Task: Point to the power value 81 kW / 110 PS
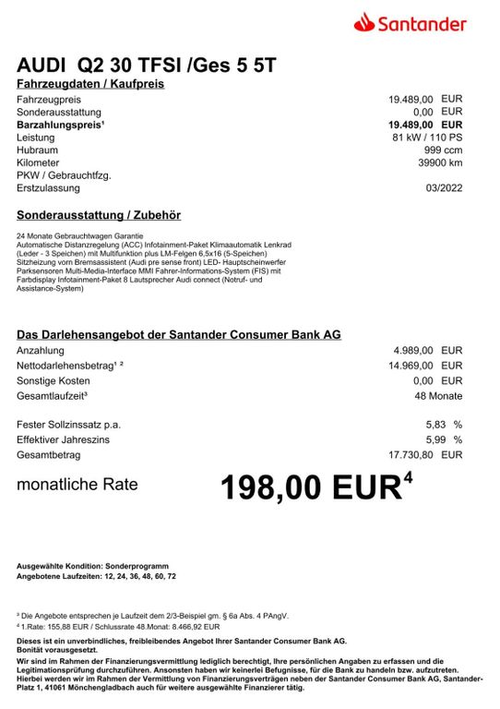[x=427, y=137]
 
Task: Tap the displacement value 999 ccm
[x=443, y=150]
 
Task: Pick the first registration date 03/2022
[x=444, y=188]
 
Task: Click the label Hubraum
[x=38, y=150]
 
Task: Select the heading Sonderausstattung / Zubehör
[x=99, y=215]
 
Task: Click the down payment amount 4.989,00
[x=412, y=351]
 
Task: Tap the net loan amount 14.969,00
[x=410, y=366]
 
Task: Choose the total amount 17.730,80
[x=410, y=454]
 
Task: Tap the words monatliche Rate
[x=77, y=484]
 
